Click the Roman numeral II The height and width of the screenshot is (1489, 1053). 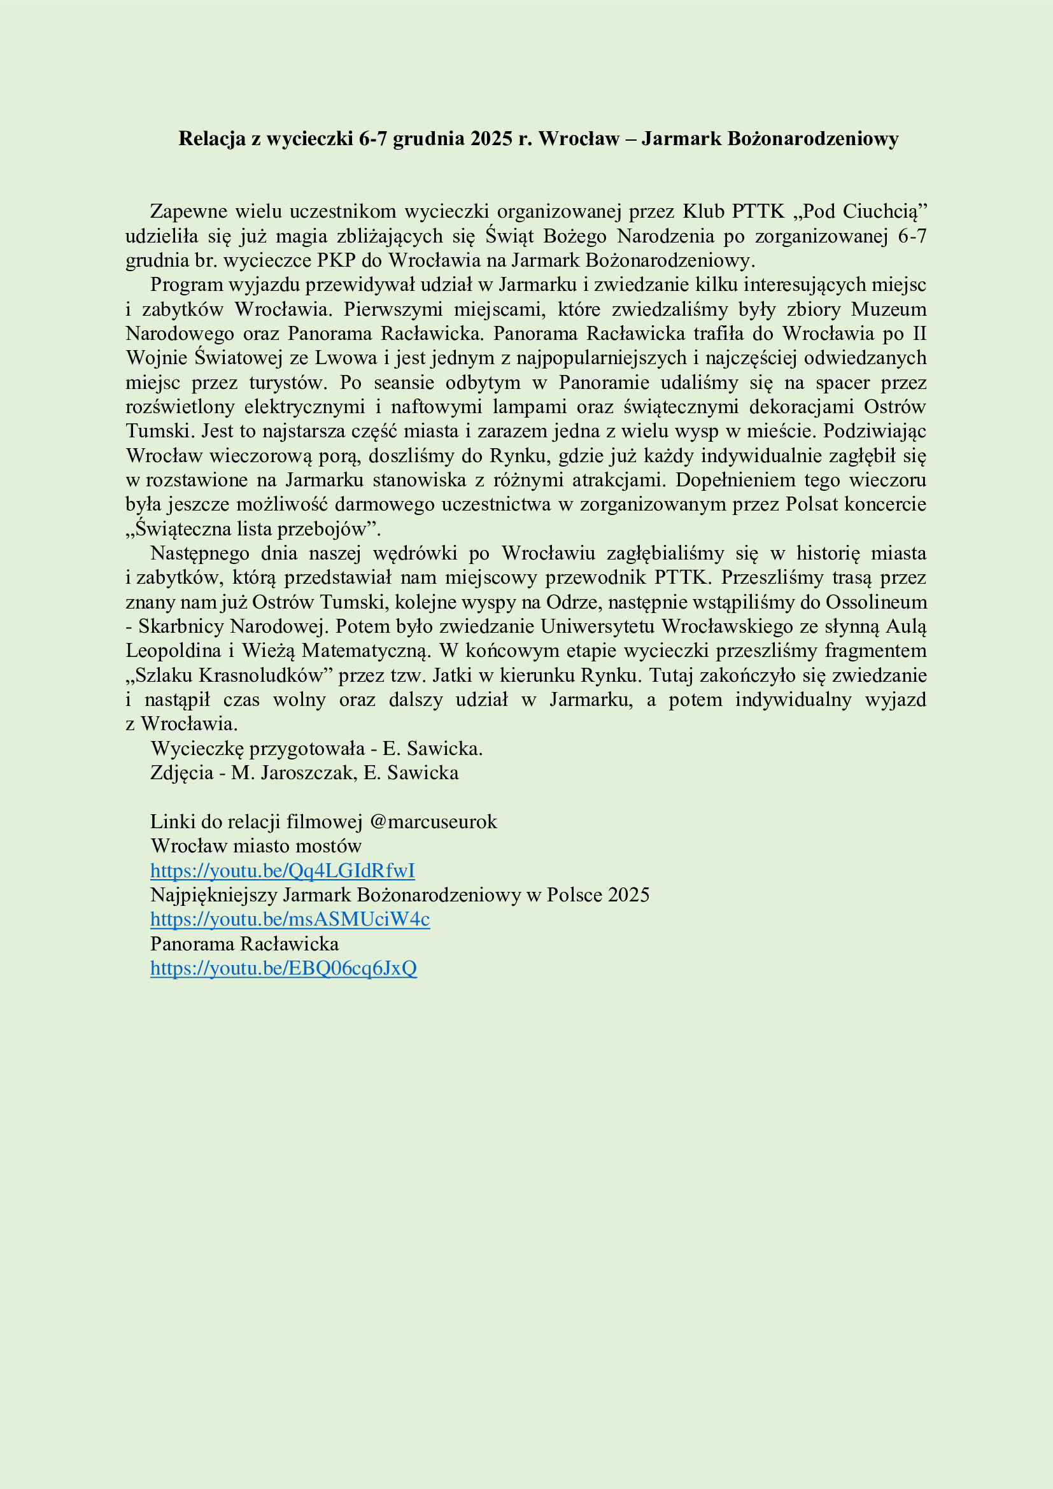coord(919,334)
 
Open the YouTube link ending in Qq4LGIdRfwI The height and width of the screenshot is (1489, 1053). coord(282,871)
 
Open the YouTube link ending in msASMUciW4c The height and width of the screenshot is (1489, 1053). coord(290,920)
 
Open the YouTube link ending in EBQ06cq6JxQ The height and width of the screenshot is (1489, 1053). coord(283,968)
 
